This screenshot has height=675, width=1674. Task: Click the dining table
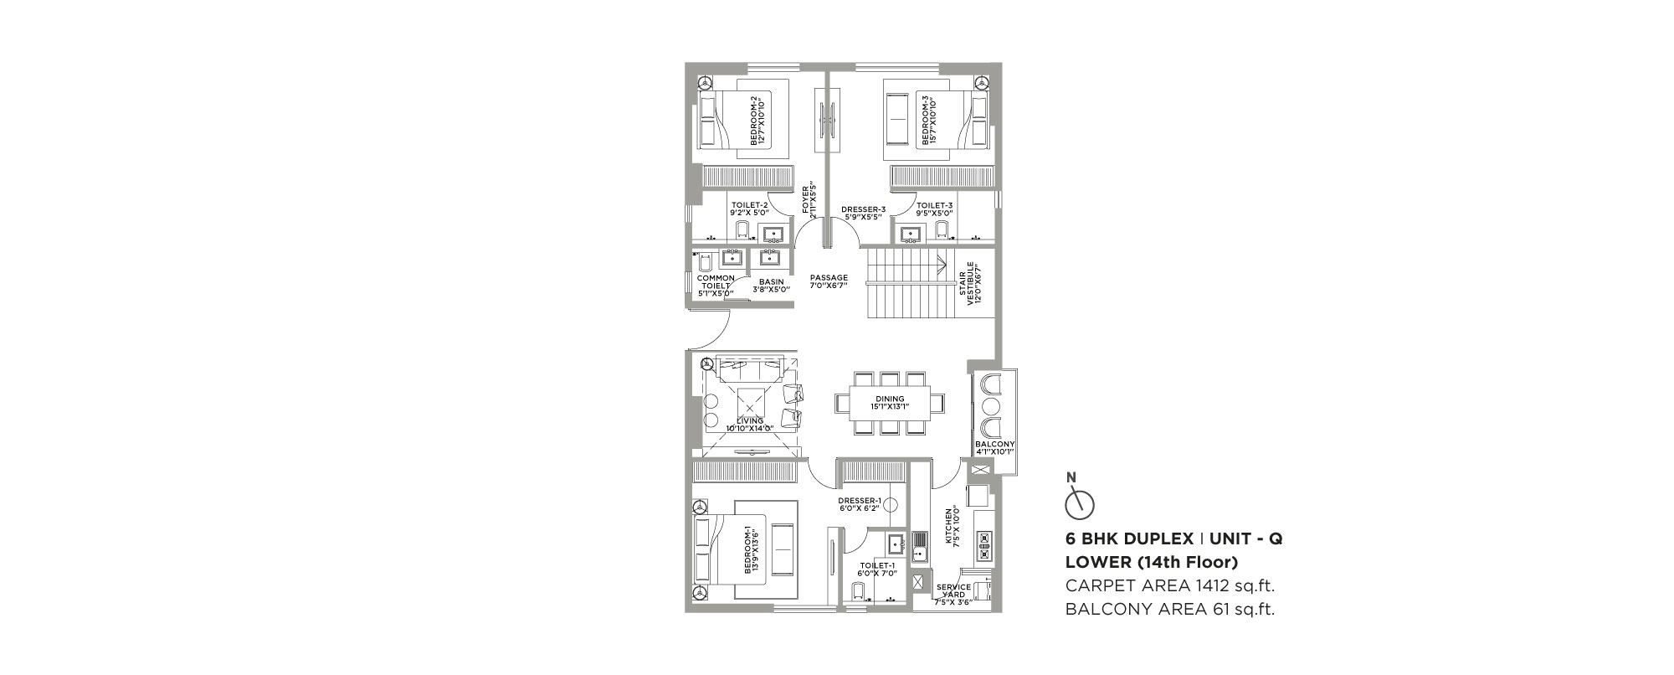tap(890, 403)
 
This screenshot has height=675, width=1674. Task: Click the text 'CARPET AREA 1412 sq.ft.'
tap(1169, 585)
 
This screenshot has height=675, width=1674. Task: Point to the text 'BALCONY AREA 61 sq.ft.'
tap(1169, 610)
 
